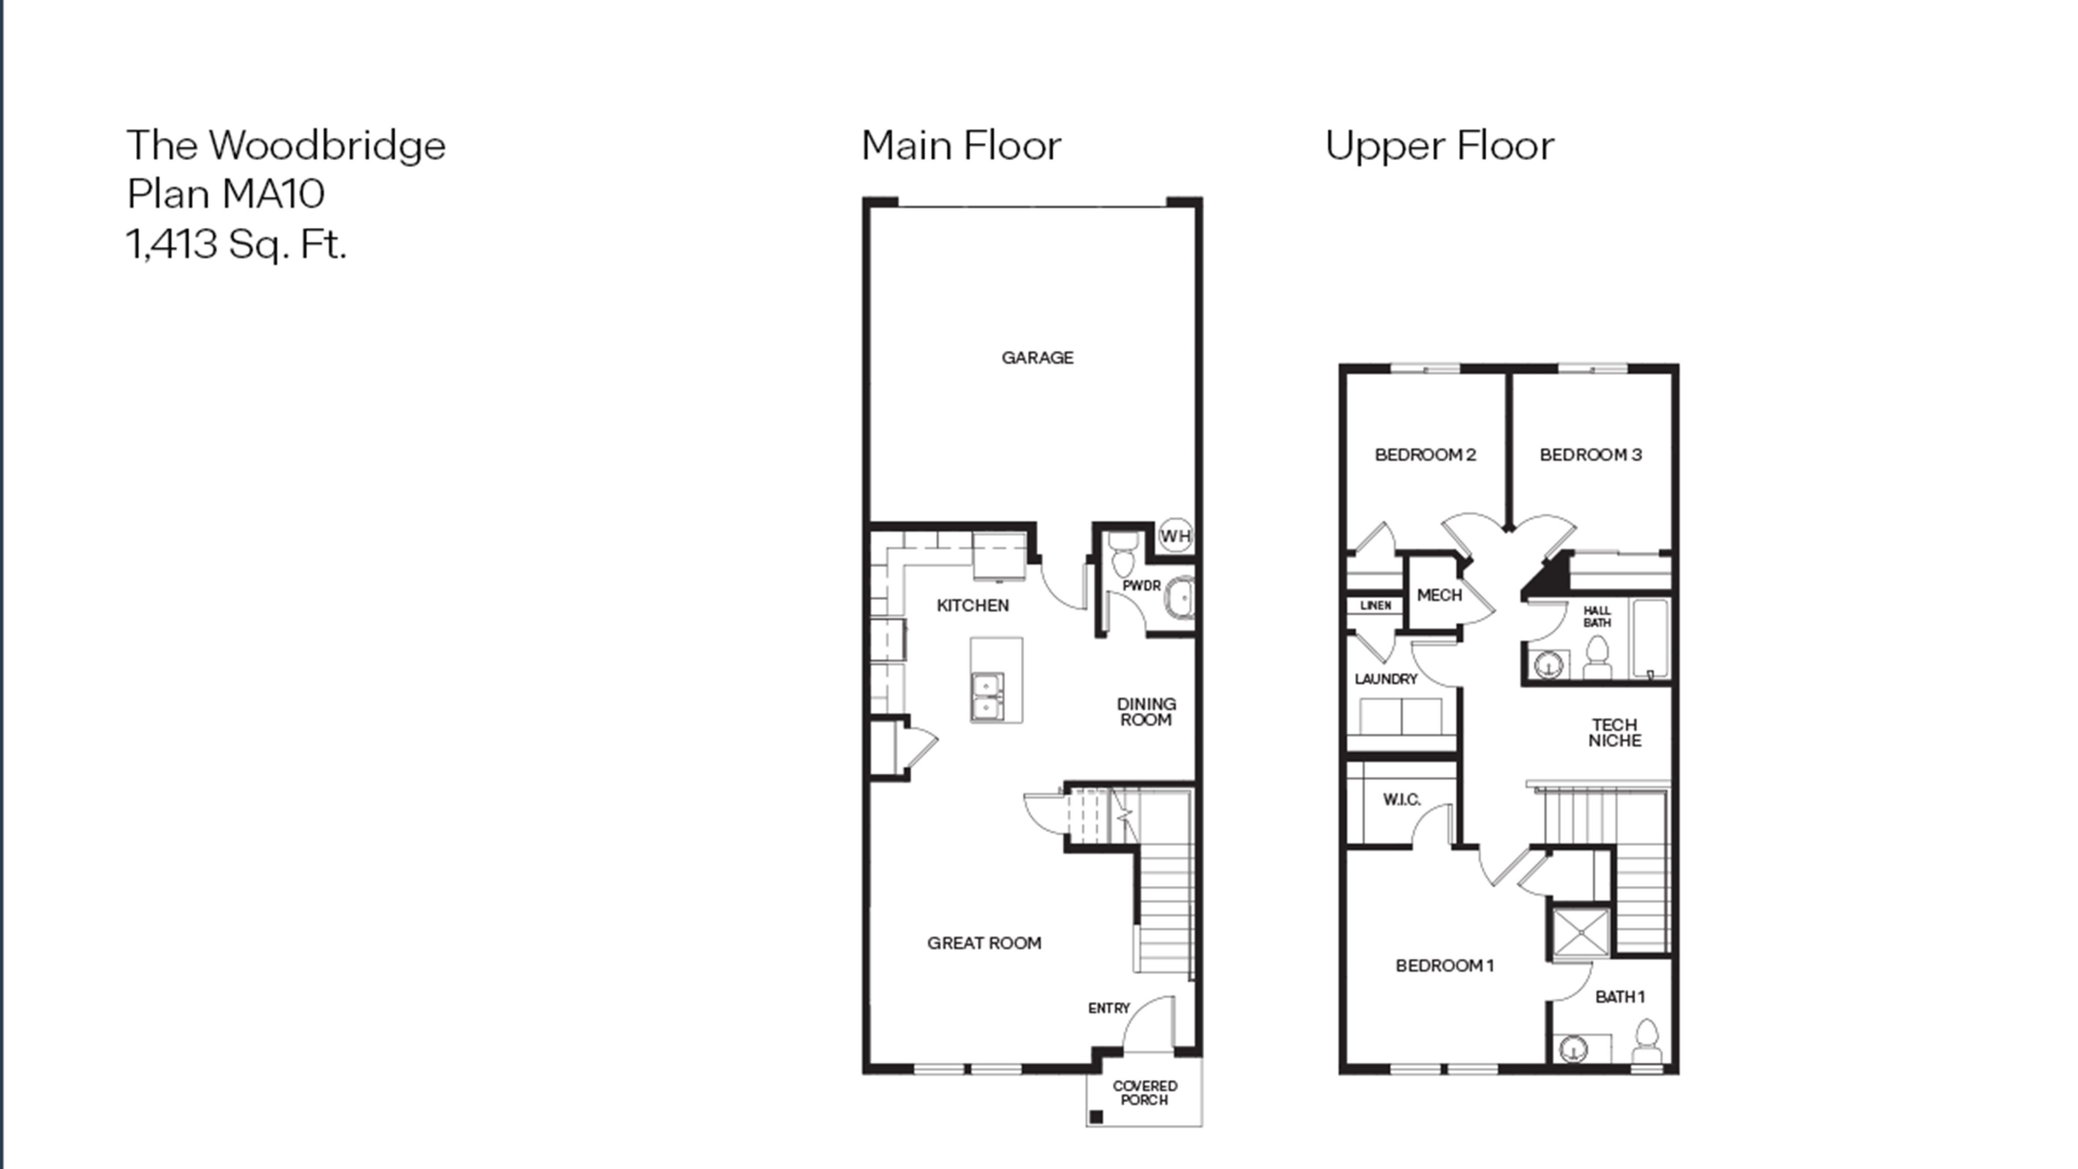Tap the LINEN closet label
coord(1375,605)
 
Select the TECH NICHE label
coord(1614,733)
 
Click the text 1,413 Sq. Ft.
coord(236,244)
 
